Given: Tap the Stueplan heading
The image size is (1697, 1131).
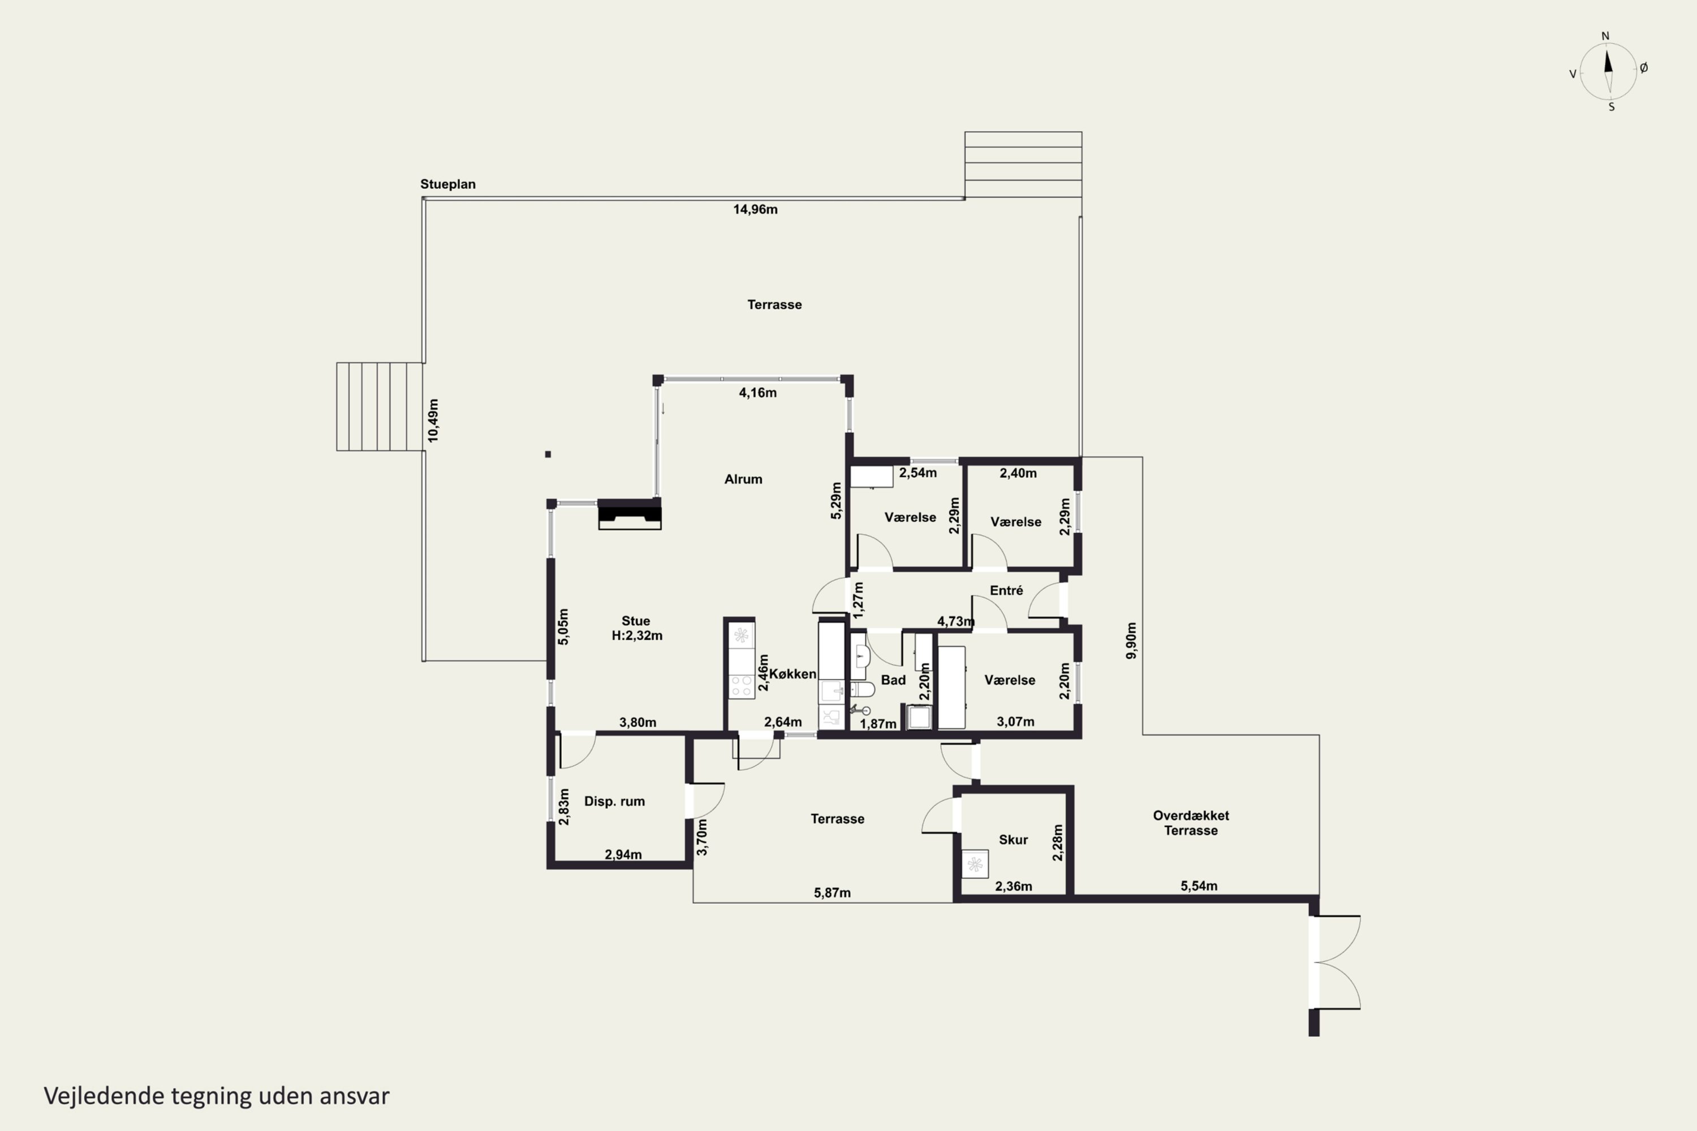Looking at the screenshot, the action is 448,184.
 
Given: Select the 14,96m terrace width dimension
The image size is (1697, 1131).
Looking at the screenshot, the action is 755,210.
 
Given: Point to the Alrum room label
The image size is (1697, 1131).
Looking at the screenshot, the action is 743,479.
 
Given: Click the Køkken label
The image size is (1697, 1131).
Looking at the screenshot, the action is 793,674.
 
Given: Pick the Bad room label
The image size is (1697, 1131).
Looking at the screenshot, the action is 893,680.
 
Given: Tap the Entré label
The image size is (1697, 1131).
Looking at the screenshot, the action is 1006,591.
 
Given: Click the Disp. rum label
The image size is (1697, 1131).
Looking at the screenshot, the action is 615,801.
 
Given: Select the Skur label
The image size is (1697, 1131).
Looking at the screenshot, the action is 1014,840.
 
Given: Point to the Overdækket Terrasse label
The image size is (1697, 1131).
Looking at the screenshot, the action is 1191,823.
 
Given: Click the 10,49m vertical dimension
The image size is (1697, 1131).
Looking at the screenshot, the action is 433,421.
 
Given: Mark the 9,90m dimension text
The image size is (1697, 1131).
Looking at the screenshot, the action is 1131,641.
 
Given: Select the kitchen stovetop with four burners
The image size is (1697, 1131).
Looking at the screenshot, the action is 741,686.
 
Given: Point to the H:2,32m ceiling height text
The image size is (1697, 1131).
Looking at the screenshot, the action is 637,636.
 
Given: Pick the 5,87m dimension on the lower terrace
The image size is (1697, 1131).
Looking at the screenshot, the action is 833,893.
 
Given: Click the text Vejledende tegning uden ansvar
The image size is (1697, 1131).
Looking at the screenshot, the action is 217,1096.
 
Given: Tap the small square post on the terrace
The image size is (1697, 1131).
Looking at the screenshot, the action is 548,455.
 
